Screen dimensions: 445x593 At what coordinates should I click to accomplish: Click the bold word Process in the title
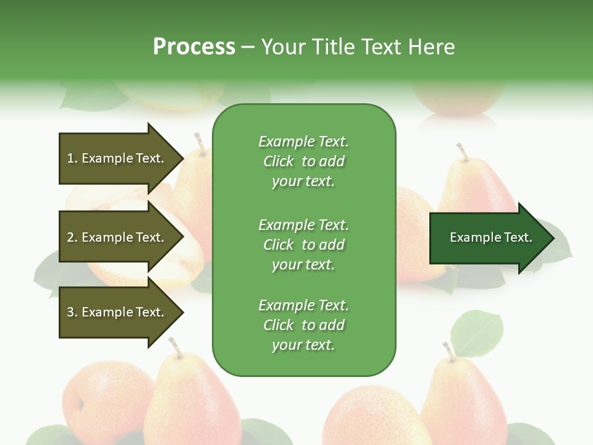[194, 47]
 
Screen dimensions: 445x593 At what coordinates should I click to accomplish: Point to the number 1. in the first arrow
[72, 159]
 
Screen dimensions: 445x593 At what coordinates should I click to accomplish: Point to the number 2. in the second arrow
[72, 237]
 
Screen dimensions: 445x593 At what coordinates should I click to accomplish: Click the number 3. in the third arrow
[72, 312]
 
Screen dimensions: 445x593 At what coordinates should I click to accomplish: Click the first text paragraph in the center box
[303, 161]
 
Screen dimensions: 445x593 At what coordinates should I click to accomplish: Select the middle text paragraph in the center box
[303, 245]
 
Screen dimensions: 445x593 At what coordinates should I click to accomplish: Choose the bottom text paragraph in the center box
[303, 325]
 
